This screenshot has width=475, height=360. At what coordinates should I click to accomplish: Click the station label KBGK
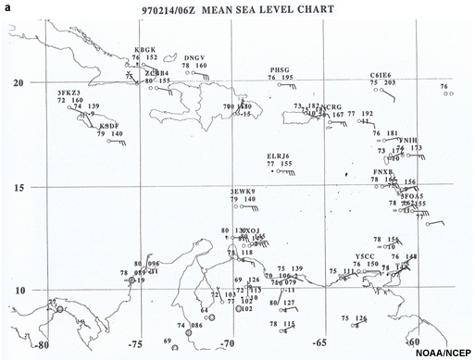click(145, 49)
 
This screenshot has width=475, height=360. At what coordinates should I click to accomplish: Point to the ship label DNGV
click(194, 57)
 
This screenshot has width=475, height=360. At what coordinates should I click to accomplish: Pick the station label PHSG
click(281, 69)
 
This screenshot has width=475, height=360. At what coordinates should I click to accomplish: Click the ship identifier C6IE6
click(381, 74)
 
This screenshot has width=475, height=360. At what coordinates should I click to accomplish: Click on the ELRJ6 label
click(278, 155)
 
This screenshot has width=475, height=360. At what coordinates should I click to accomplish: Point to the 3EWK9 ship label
click(242, 191)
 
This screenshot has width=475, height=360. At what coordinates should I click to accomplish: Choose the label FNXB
click(383, 171)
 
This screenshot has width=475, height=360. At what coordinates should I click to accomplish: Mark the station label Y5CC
click(365, 255)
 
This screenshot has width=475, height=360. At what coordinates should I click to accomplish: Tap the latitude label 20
click(17, 82)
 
